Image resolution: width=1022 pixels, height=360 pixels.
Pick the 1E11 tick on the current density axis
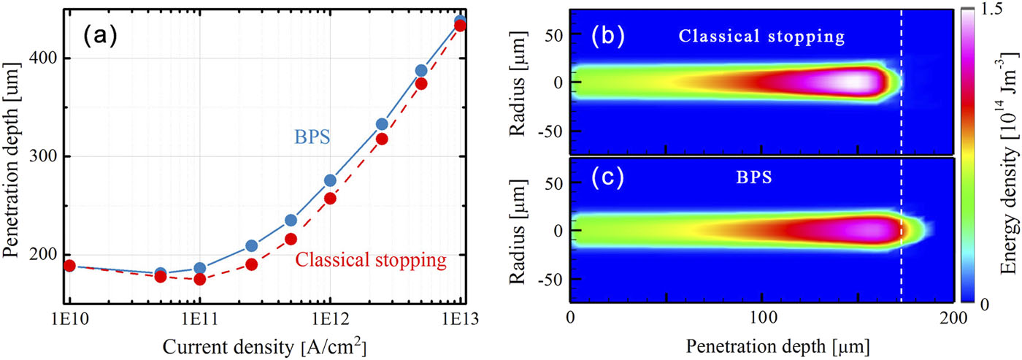point(199,319)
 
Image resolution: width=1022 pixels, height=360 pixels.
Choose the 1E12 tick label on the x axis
point(329,319)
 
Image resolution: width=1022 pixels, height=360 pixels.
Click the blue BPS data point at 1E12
point(330,201)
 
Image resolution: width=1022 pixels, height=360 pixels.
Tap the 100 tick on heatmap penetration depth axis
point(762,319)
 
